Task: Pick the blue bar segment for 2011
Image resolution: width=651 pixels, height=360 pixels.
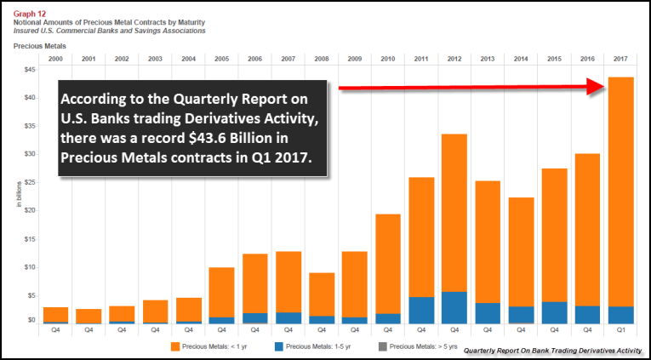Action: coord(420,310)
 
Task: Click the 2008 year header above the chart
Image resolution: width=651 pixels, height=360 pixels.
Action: coord(321,59)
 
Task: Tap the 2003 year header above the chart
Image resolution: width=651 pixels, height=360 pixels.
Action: coord(155,59)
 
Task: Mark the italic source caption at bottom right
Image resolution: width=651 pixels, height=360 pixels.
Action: coord(553,350)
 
